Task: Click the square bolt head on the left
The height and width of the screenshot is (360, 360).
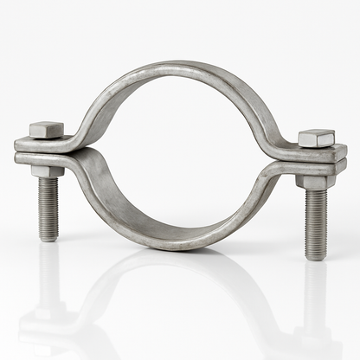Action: [47, 130]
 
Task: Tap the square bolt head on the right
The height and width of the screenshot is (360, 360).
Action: [316, 138]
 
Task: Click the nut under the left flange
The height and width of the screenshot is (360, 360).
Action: [48, 170]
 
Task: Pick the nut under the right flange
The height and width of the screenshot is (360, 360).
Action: [314, 182]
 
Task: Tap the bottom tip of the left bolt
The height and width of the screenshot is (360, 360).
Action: [48, 238]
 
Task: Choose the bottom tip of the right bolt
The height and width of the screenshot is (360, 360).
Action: [317, 257]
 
